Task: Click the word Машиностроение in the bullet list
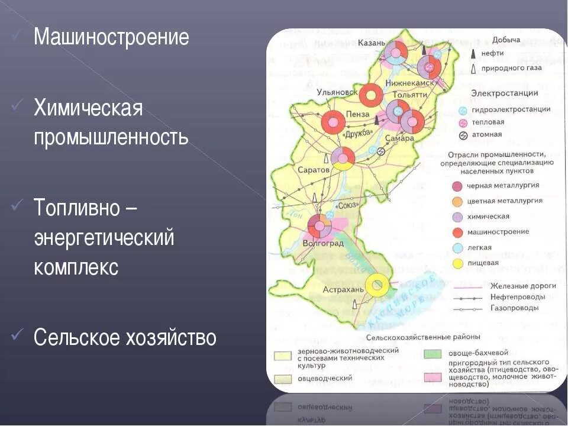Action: coord(111,37)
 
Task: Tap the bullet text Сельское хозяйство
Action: coord(125,337)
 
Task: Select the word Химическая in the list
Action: coord(88,108)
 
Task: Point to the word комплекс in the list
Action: coord(76,267)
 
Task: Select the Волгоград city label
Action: coord(323,243)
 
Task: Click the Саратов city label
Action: coord(313,170)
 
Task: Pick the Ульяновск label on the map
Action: coord(338,92)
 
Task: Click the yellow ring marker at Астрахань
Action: coord(377,285)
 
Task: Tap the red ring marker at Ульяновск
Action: coord(372,94)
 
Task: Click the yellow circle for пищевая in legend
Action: coord(457,263)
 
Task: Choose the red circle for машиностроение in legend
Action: coord(457,232)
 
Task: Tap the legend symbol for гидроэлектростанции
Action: coord(463,110)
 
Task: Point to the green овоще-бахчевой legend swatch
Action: coord(432,353)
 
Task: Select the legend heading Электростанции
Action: coord(504,93)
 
